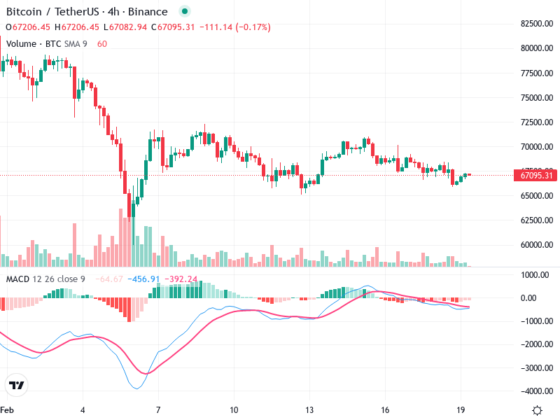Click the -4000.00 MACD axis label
click(x=535, y=391)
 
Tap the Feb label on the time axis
click(x=7, y=409)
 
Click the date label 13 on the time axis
click(x=309, y=409)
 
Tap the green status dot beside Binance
click(x=184, y=12)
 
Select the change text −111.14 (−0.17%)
click(x=234, y=27)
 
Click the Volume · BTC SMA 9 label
click(x=46, y=43)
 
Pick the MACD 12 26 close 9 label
click(x=45, y=279)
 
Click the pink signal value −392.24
click(x=183, y=279)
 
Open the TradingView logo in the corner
click(x=16, y=385)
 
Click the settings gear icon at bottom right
click(x=537, y=409)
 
